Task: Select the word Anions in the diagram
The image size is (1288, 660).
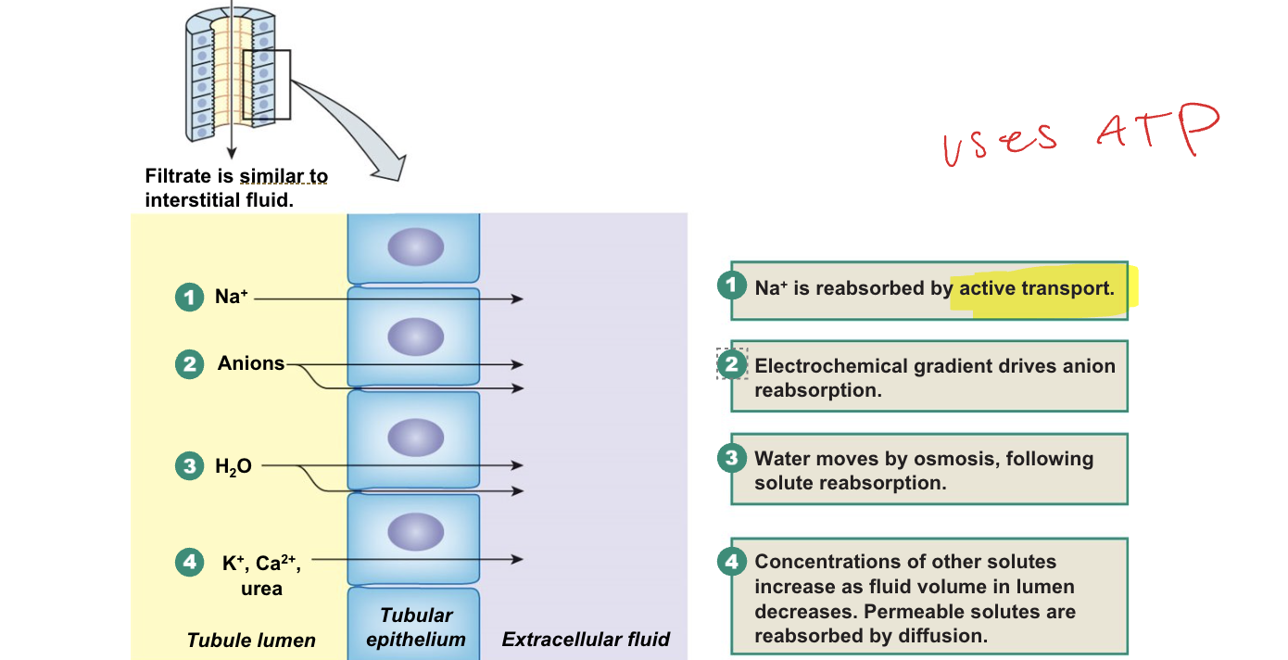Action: (x=251, y=363)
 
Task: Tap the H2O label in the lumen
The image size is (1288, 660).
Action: (x=234, y=467)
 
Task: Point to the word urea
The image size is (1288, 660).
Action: (x=261, y=588)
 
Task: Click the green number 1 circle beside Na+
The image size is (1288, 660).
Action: (x=189, y=298)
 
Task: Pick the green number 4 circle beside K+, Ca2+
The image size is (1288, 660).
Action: (x=189, y=562)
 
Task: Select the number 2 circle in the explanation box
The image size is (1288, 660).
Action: (x=732, y=364)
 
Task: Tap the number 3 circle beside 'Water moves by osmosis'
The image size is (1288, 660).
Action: (x=732, y=458)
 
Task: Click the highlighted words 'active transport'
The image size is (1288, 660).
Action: (x=1035, y=288)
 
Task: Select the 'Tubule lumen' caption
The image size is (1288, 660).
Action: (x=251, y=640)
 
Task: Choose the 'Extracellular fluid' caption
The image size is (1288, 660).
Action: (x=586, y=639)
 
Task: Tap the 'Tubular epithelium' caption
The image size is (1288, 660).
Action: (x=416, y=628)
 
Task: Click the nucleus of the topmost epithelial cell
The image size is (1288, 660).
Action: (x=415, y=247)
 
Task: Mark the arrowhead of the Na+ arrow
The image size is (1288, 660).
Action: (x=518, y=298)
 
